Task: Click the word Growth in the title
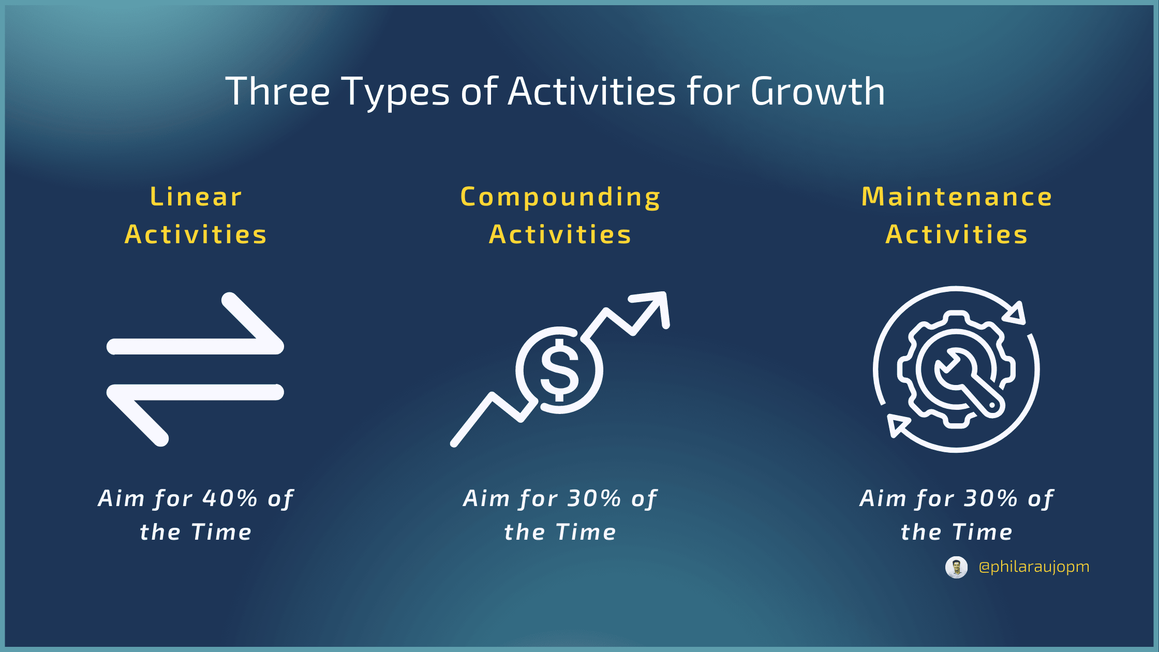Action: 818,92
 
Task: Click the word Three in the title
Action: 278,92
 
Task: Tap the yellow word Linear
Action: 196,197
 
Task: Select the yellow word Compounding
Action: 560,198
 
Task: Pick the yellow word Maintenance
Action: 957,197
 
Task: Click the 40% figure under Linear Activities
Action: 230,498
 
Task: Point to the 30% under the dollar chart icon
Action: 595,498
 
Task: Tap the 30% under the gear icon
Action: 991,498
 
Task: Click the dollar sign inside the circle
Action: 559,370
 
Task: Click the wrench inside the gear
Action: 969,383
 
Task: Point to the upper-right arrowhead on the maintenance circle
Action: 1015,313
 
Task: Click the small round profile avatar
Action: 956,568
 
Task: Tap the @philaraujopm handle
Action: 1034,567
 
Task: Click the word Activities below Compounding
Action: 560,234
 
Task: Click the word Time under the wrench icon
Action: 983,532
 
